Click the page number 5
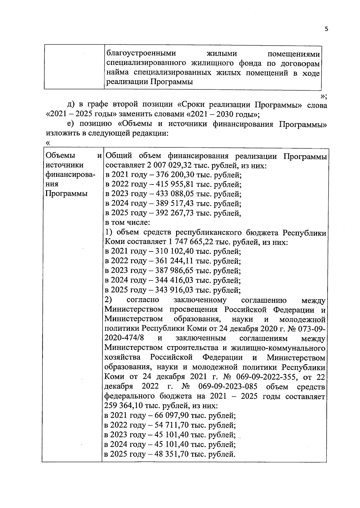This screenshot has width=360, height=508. click(x=326, y=29)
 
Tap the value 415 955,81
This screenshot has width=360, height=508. click(x=175, y=185)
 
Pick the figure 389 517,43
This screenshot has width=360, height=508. click(x=175, y=204)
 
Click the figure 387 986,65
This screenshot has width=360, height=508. click(x=175, y=271)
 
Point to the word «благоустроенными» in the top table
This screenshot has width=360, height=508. click(x=141, y=54)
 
